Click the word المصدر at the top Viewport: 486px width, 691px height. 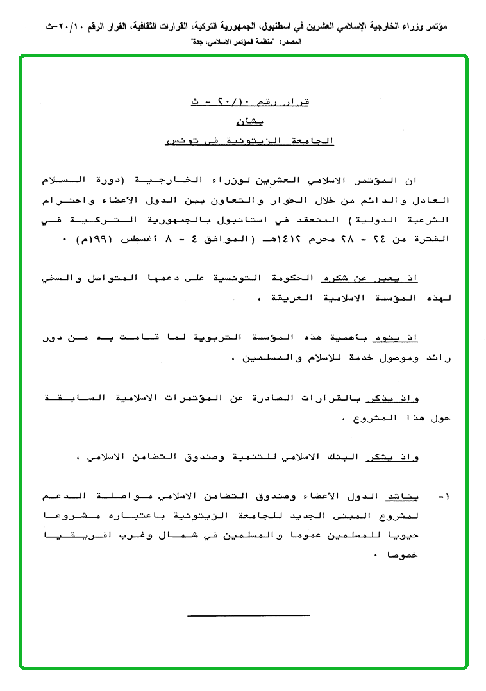click(289, 40)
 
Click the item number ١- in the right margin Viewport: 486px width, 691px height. click(444, 497)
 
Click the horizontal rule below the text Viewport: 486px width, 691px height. click(249, 615)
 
